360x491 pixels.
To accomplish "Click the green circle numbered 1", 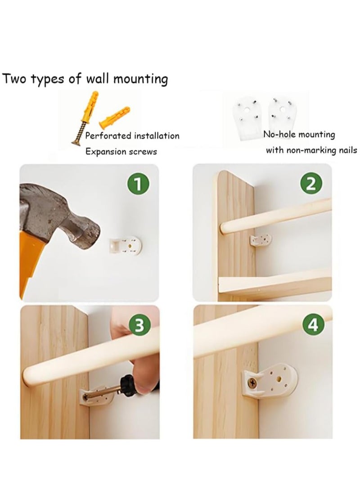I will tap(139, 184).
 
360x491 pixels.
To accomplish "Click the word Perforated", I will tap(108, 135).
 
